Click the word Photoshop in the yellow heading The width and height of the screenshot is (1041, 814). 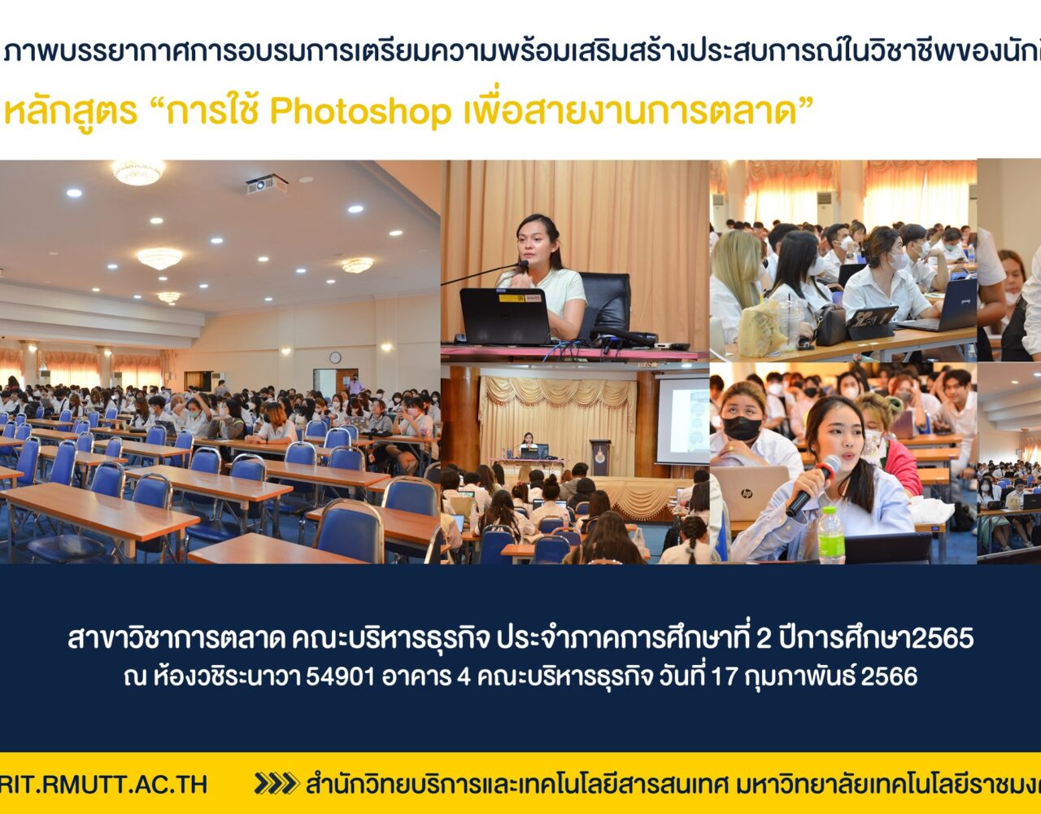coord(360,112)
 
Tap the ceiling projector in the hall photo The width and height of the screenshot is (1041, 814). coord(267,184)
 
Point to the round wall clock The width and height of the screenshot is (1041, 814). coord(335,357)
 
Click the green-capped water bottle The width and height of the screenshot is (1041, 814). coord(832,535)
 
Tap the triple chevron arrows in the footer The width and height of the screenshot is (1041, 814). coord(277,783)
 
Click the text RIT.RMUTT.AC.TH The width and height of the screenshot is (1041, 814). coord(103,784)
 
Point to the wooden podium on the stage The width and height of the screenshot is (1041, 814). coord(599,457)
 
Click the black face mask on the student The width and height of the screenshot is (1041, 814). coord(742,428)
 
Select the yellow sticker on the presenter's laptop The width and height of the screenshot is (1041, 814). coord(512,298)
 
